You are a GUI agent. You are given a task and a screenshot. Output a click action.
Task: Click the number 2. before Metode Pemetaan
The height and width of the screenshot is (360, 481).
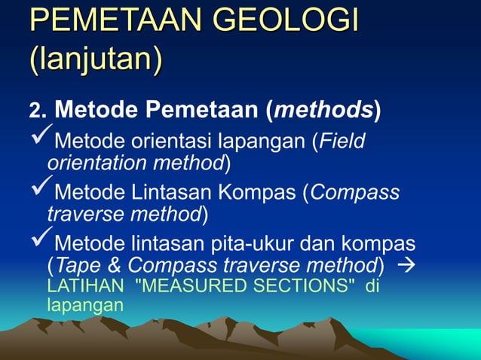point(38,111)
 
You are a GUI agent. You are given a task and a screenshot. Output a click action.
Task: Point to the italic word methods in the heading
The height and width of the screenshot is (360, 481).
point(325,110)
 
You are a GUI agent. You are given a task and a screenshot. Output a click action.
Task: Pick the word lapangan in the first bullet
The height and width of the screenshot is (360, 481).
point(259,141)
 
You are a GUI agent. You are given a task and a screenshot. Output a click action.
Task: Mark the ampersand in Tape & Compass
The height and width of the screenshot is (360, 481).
point(115,265)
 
